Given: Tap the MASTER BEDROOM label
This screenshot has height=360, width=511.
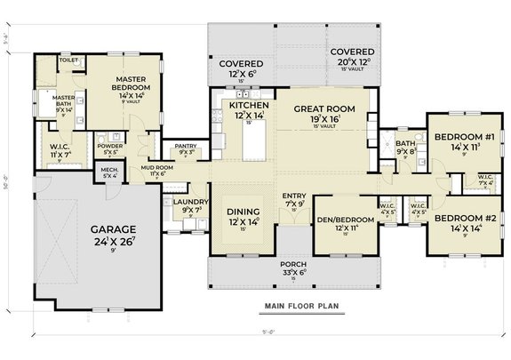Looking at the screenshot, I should (135, 84).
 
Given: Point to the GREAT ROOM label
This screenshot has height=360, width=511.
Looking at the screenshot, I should (324, 109).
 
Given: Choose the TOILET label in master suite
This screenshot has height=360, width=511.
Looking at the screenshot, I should (68, 61).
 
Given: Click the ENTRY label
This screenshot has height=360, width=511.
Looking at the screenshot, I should (293, 196).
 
